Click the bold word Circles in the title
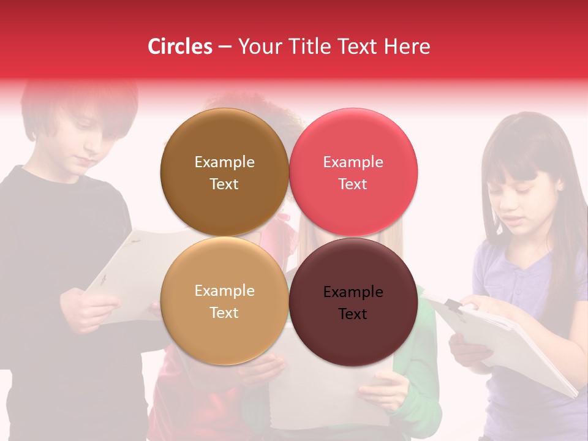click(x=179, y=47)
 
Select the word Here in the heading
click(x=407, y=47)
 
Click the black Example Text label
click(x=353, y=303)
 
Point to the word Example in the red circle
click(x=353, y=162)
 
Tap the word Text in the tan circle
click(x=224, y=313)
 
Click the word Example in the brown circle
click(x=224, y=162)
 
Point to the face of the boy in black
click(x=83, y=144)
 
